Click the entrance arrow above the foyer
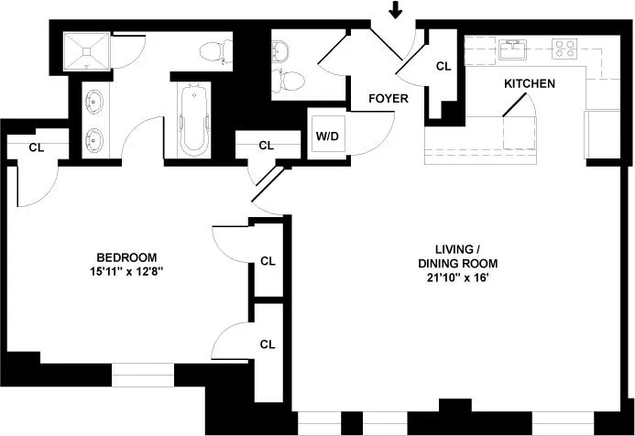click(x=395, y=9)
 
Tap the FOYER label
click(x=389, y=98)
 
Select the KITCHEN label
click(x=530, y=83)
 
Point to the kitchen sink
click(x=513, y=49)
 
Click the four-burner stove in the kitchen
click(x=564, y=49)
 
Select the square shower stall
click(x=87, y=51)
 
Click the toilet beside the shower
click(x=216, y=51)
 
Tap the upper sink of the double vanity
click(x=94, y=101)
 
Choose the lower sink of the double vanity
click(x=94, y=140)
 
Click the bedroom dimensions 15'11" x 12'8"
click(x=126, y=271)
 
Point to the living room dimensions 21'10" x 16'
click(x=457, y=278)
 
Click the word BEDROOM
click(x=126, y=257)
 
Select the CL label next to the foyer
click(x=443, y=66)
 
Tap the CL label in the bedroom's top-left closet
click(x=37, y=147)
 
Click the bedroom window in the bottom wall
click(x=143, y=375)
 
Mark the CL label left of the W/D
click(x=266, y=146)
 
